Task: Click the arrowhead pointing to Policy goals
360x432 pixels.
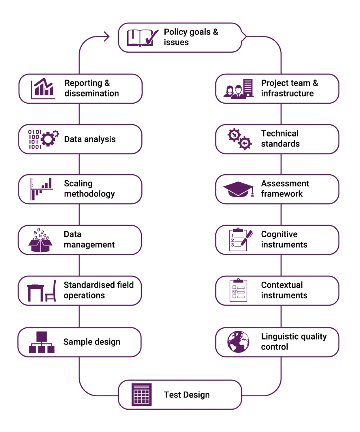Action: pos(107,37)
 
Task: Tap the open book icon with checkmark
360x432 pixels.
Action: pos(142,38)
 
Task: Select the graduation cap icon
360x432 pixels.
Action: pos(238,189)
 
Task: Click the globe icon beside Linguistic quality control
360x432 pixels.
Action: pos(238,342)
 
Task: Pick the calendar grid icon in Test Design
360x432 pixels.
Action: pos(141,394)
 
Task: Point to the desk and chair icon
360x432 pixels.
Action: pos(42,291)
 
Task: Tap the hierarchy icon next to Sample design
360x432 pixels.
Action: pos(42,342)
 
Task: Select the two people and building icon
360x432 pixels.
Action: pos(238,89)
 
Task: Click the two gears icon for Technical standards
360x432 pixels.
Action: pos(239,139)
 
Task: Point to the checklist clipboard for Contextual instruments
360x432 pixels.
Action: pos(238,290)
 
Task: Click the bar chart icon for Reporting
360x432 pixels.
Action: pos(43,89)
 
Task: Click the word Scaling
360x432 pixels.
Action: pos(78,183)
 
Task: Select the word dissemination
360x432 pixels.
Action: pos(92,94)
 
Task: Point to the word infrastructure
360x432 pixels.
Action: pos(287,94)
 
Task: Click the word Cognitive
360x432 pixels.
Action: pos(279,235)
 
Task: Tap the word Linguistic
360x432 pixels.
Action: pos(280,337)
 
